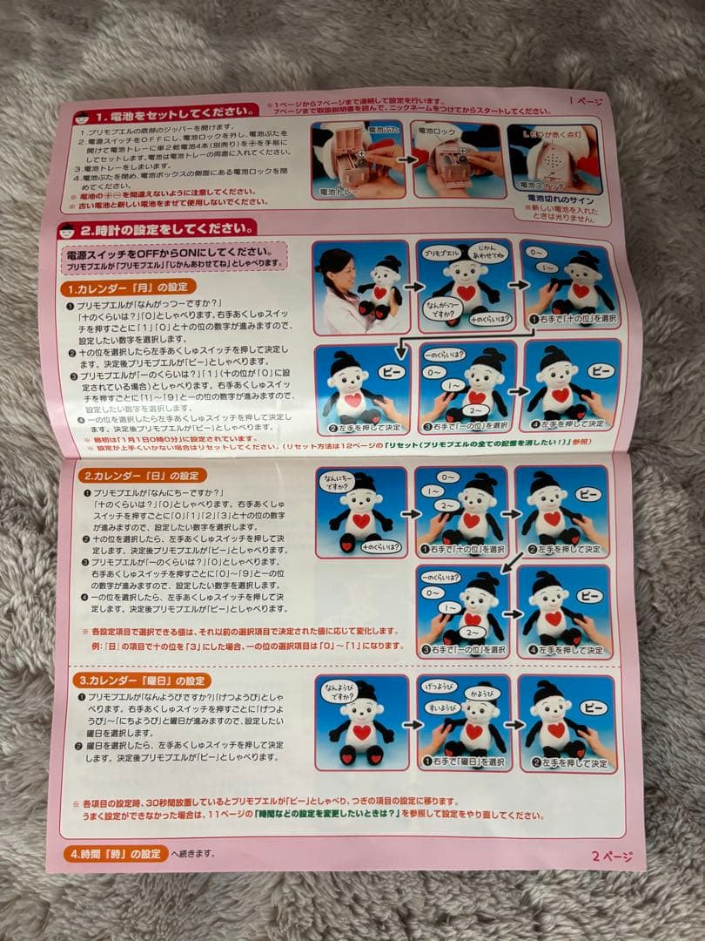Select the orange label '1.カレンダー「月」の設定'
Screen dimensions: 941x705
pos(131,288)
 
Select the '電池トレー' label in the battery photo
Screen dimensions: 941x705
pos(335,189)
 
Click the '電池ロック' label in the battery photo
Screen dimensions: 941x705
pos(440,132)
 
